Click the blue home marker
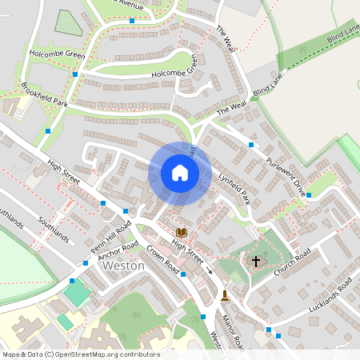pos(180,173)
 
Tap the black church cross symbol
pos(256,261)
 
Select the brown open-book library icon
pos(181,232)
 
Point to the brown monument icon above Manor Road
pos(225,295)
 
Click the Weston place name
pos(124,266)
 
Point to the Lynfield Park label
pos(235,185)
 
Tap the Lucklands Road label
pos(330,297)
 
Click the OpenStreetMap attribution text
pos(81,354)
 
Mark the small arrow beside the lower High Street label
pos(210,270)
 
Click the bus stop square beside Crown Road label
pos(183,274)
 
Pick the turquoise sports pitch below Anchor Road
pos(78,293)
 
